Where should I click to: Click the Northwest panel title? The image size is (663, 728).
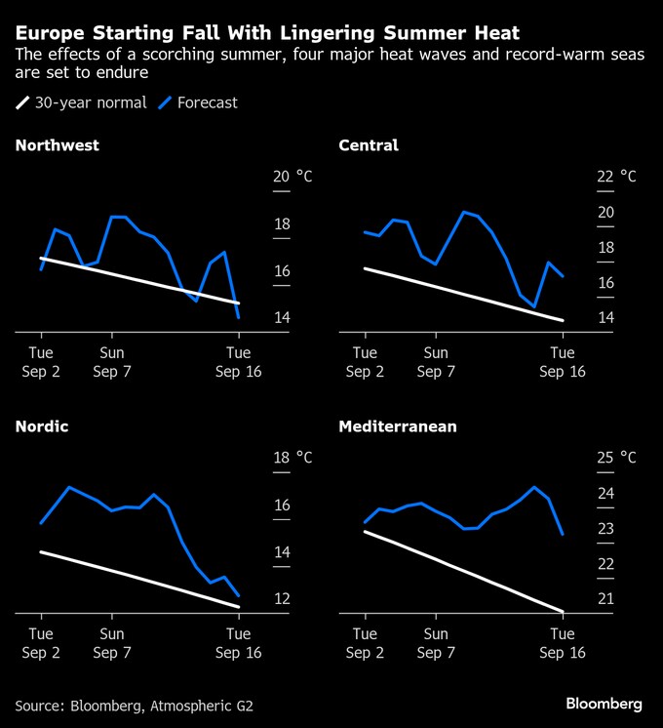pos(57,145)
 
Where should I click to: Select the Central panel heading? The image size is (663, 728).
pos(368,145)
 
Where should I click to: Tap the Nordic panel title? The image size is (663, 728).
pos(42,426)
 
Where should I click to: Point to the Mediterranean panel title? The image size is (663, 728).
pos(398,426)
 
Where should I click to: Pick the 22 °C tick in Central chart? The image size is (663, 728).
pos(615,177)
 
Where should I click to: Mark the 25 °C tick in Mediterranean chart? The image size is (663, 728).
pos(615,458)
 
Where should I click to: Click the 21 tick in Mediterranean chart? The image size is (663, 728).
pos(604,598)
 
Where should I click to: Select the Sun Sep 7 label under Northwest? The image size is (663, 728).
pos(112,362)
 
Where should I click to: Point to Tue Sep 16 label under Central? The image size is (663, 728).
pos(562,362)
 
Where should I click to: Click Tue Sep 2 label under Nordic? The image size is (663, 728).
pos(41,643)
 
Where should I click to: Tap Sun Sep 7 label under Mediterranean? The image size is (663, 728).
pos(436,643)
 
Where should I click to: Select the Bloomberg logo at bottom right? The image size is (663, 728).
pos(604,703)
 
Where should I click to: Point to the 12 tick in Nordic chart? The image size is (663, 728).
pos(283,598)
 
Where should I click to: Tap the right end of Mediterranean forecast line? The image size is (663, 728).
pos(563,534)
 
